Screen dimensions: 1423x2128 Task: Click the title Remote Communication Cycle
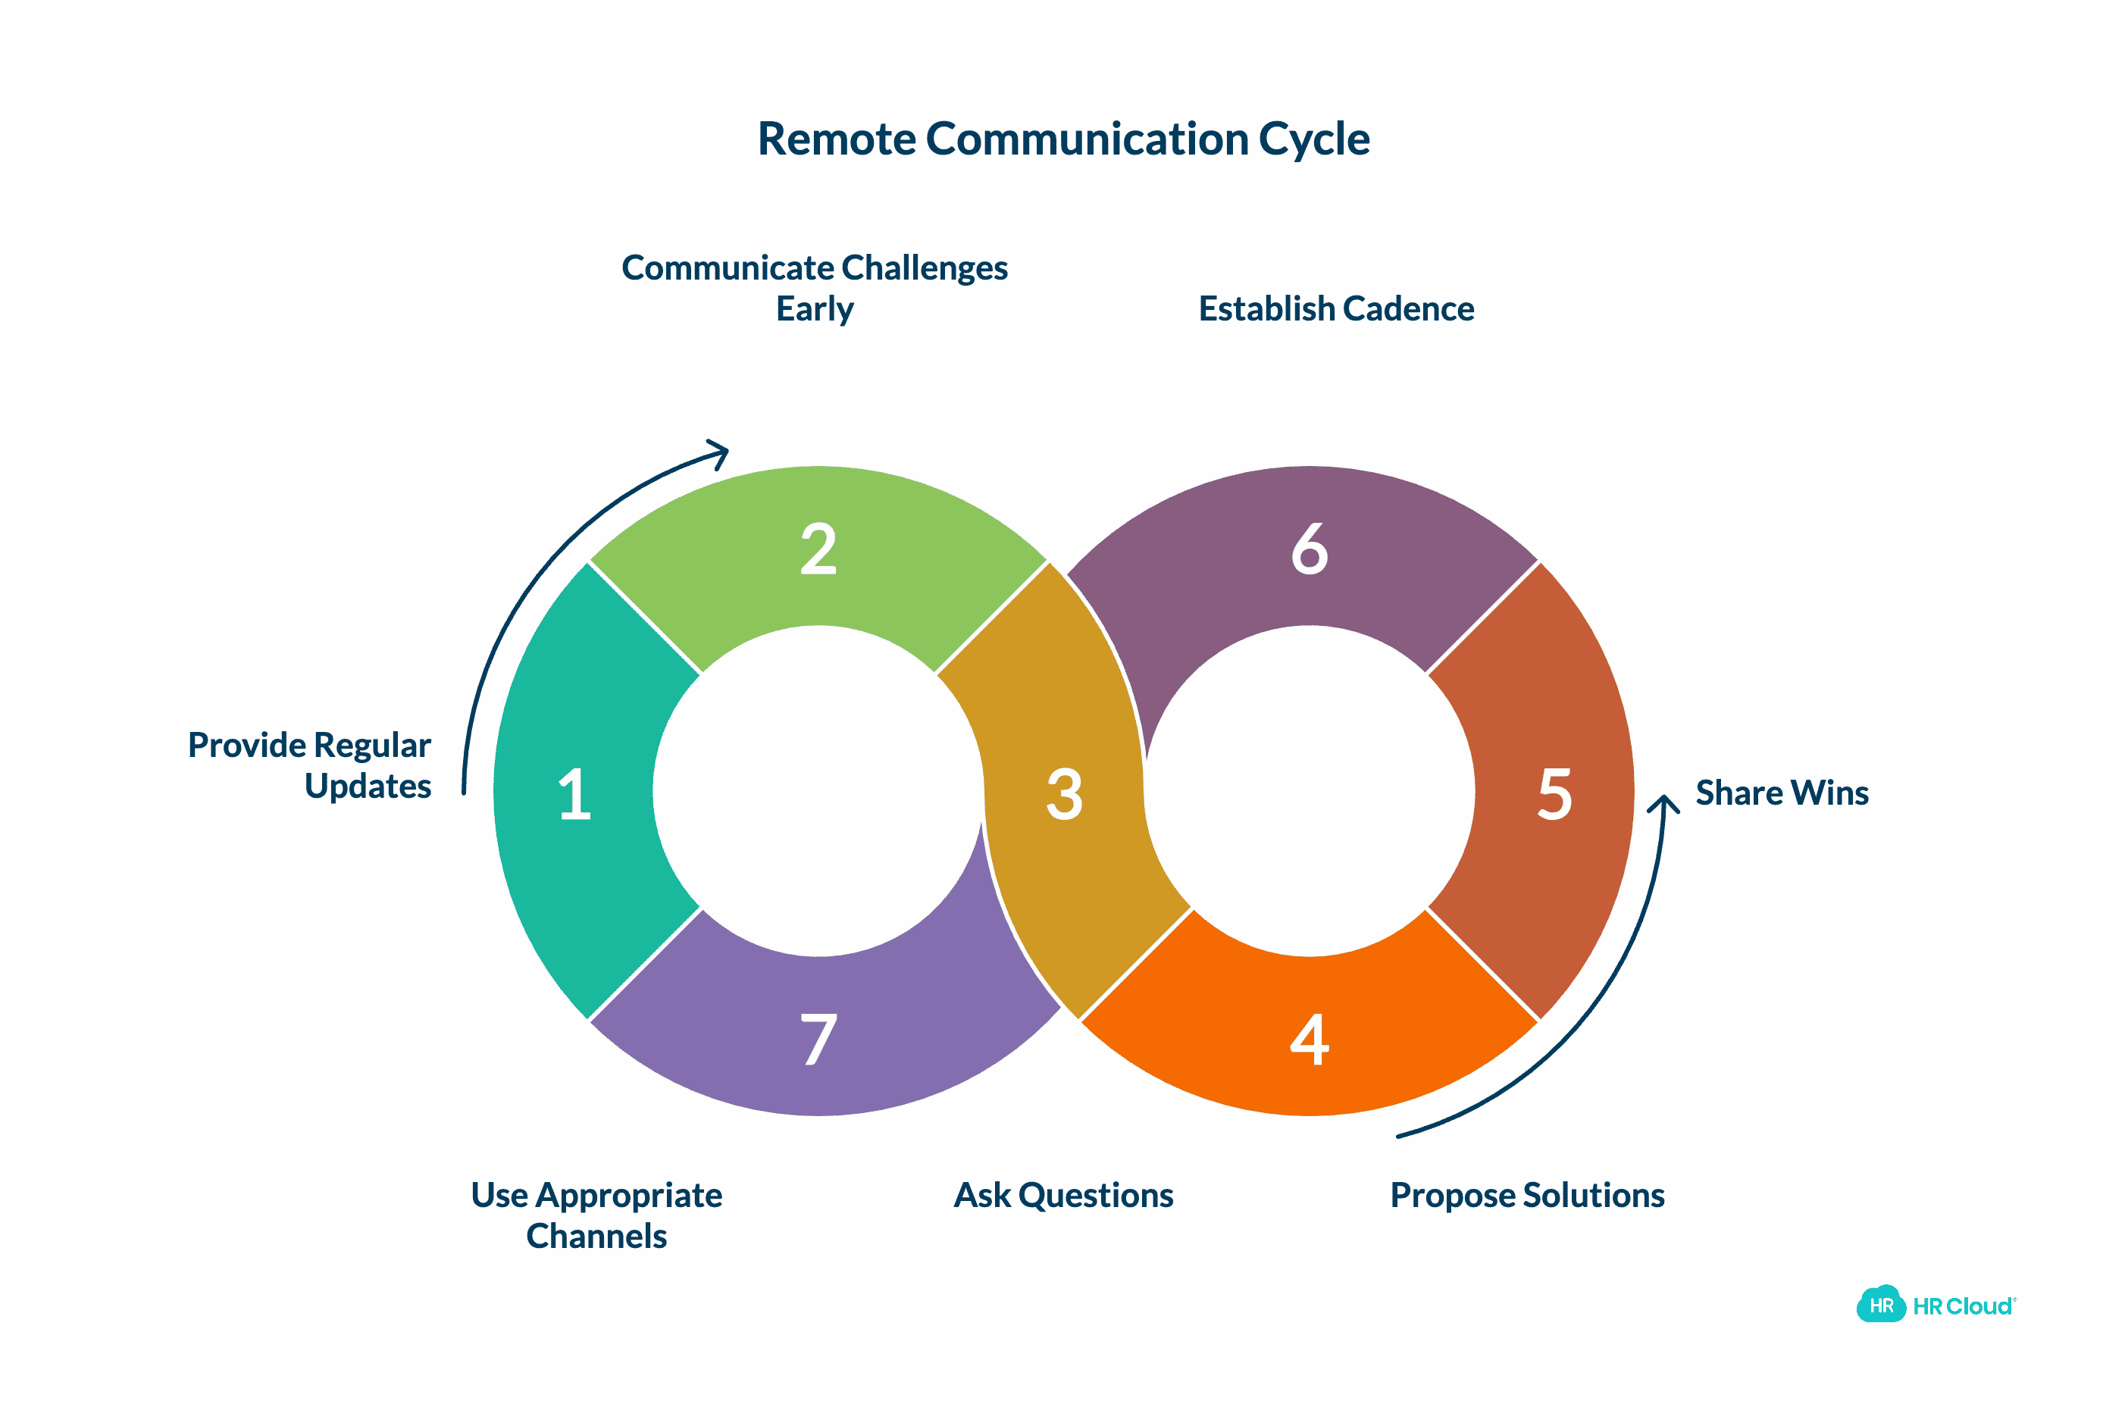[x=1062, y=139]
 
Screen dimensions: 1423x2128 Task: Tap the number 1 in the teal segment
[x=574, y=794]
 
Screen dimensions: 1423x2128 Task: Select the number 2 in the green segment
[x=818, y=549]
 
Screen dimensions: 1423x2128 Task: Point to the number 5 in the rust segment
[x=1554, y=794]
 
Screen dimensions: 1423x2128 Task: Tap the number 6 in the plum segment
[x=1310, y=549]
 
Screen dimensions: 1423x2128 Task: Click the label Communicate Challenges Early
[x=814, y=288]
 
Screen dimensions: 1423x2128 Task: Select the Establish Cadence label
[x=1336, y=308]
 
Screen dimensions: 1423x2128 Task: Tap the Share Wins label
[x=1782, y=793]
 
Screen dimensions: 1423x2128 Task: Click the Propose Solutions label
[x=1527, y=1195]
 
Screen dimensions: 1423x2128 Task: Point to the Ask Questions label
[x=1063, y=1195]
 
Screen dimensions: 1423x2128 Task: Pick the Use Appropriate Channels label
[x=596, y=1215]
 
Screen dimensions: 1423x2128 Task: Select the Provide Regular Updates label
[x=309, y=765]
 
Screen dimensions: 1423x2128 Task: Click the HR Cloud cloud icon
[x=1881, y=1305]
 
